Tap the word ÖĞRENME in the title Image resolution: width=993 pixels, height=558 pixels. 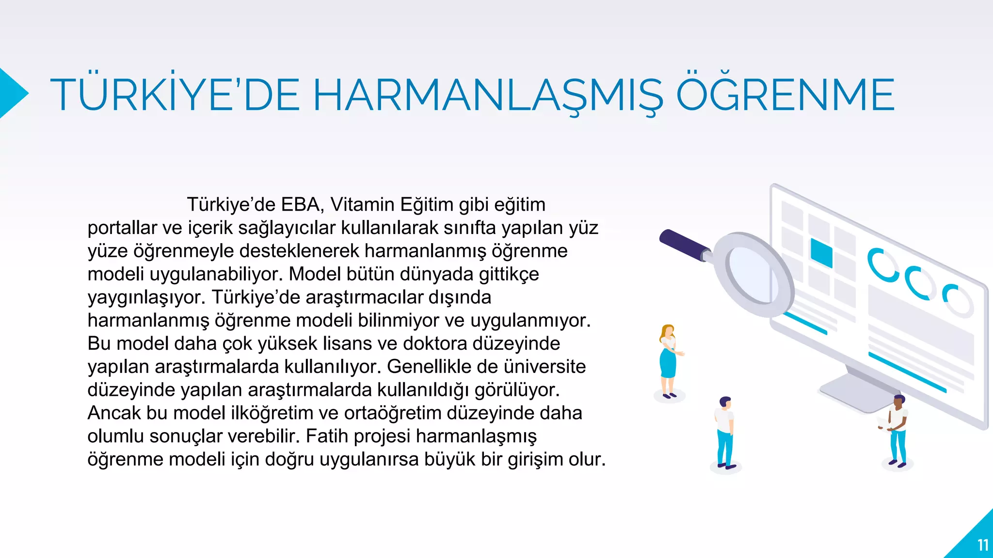click(785, 94)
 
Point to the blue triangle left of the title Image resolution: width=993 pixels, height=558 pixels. click(12, 93)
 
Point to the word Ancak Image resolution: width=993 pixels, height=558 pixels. click(114, 413)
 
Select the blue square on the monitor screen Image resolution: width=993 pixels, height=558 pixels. click(821, 252)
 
